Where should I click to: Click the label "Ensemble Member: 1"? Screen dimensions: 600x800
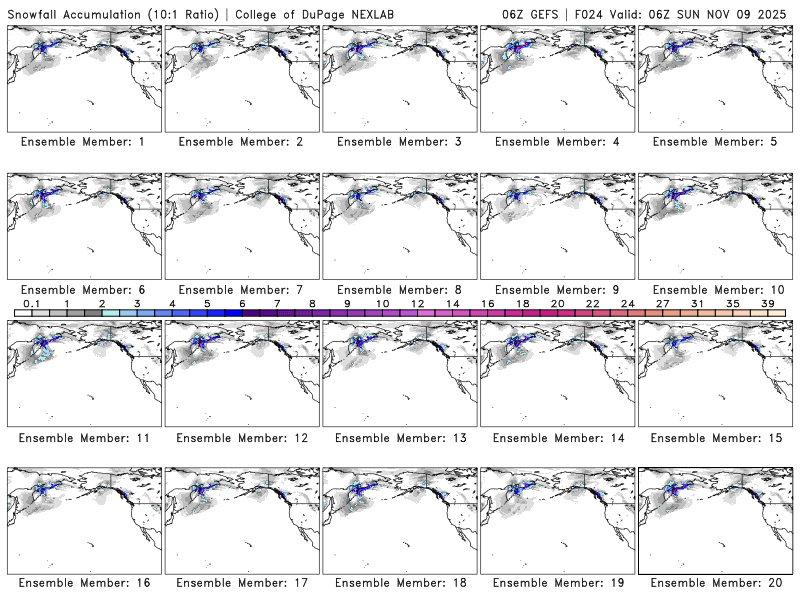click(x=82, y=142)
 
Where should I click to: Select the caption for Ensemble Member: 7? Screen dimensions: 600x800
click(x=240, y=289)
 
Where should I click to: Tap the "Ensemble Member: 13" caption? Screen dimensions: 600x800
click(x=401, y=437)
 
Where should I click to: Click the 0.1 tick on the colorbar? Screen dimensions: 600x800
click(x=31, y=303)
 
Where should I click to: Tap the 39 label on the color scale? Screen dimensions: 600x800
click(x=767, y=303)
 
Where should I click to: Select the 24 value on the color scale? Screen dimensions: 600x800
click(x=627, y=303)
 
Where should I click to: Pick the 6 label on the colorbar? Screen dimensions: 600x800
click(x=242, y=303)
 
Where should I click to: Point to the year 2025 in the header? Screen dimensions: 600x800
click(x=777, y=11)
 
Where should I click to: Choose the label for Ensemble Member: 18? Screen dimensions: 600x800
click(x=401, y=583)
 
